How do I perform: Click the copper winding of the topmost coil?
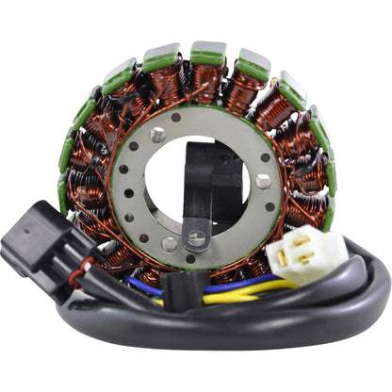click(207, 80)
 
